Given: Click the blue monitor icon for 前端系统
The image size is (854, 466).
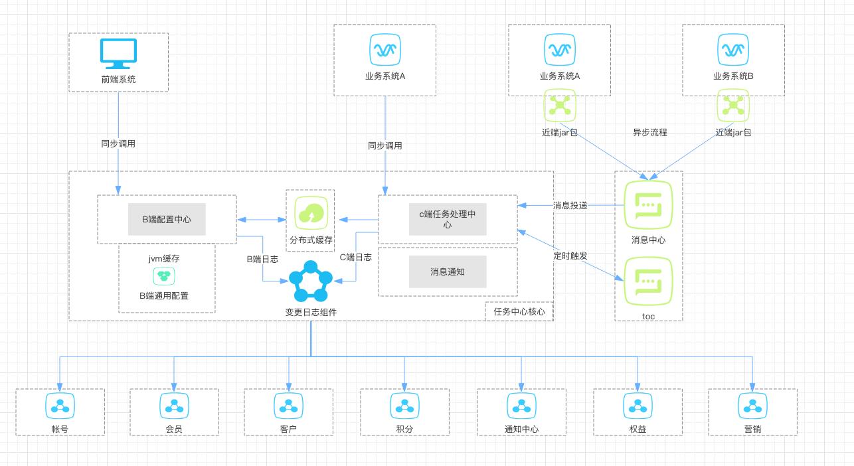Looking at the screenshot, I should click(118, 54).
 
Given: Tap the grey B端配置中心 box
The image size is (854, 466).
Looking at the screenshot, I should click(167, 219).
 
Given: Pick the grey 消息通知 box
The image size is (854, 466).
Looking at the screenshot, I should click(448, 272).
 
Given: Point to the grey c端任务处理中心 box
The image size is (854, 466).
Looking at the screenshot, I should click(448, 220).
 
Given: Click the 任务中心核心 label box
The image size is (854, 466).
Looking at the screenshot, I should click(519, 311).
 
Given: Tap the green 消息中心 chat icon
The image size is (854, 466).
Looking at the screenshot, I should click(648, 205).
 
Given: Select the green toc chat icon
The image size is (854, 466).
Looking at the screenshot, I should click(648, 281).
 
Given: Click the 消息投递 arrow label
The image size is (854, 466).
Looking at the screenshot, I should click(570, 205).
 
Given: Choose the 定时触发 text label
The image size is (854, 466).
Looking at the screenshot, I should click(570, 256).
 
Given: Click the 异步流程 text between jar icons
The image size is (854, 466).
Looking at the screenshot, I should click(649, 132).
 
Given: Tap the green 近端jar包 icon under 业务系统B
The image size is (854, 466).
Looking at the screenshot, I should click(733, 105).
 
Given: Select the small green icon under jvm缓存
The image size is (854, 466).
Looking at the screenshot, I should click(163, 275).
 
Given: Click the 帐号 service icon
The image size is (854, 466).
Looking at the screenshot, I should click(60, 404).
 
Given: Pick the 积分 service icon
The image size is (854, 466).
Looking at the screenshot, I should click(404, 404).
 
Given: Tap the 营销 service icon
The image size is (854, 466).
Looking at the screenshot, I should click(752, 404).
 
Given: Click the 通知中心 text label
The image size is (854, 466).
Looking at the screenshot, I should click(521, 429).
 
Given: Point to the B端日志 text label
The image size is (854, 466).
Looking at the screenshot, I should click(262, 260).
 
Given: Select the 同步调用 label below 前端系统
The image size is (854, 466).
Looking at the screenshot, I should click(118, 143).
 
